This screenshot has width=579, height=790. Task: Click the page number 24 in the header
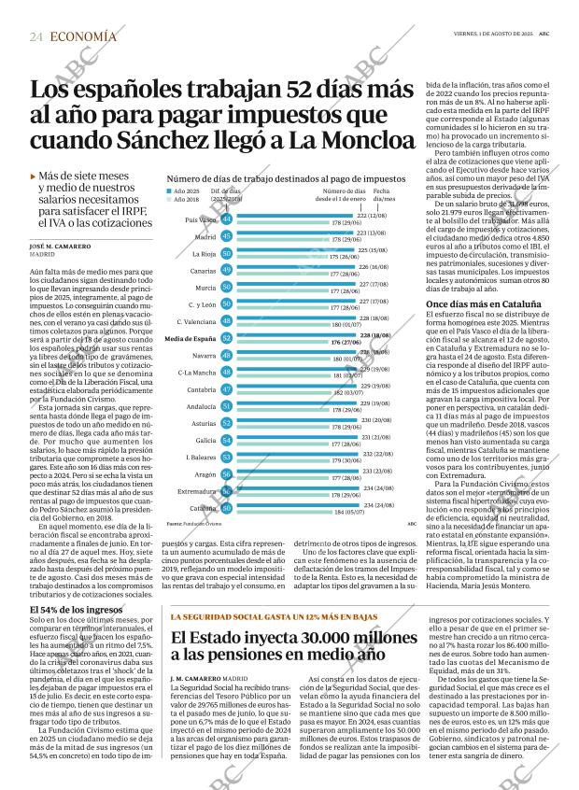click(35, 35)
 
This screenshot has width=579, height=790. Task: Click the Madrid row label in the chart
click(205, 237)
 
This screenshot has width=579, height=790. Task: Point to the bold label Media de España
click(191, 337)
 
